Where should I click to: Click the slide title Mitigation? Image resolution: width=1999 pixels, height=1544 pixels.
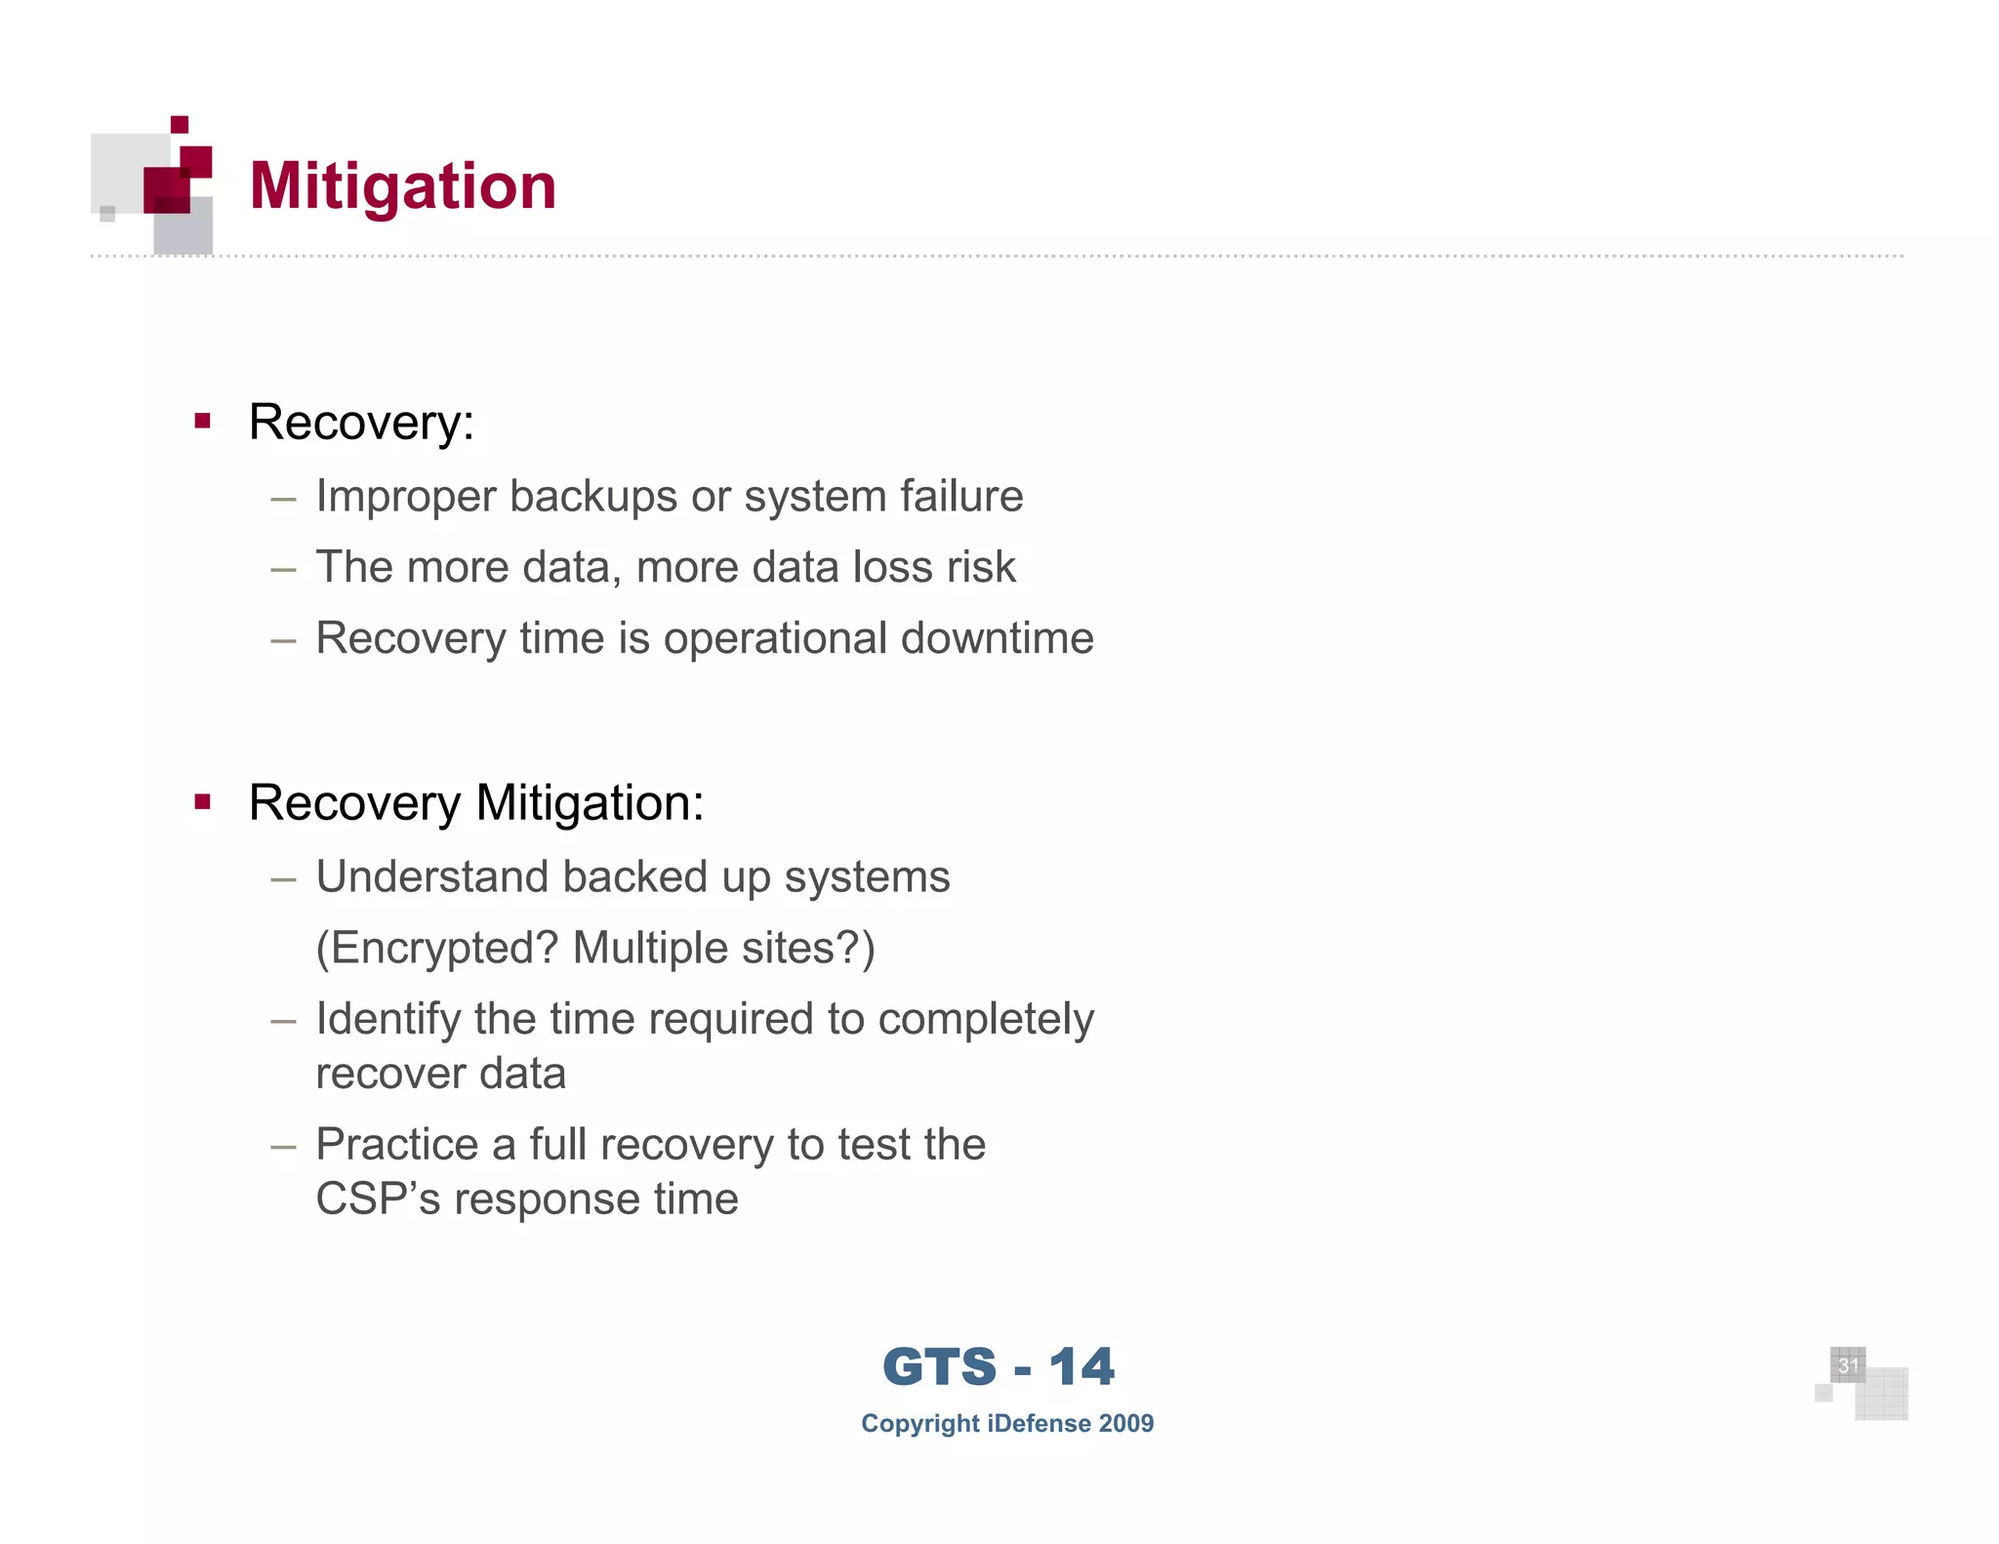(x=402, y=185)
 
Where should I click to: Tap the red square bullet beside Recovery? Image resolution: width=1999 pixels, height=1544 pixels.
(x=203, y=422)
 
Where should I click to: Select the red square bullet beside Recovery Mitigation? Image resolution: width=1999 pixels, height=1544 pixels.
(x=203, y=802)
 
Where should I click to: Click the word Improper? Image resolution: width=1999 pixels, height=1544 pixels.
(x=405, y=497)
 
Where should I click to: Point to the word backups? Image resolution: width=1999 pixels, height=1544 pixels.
(x=593, y=497)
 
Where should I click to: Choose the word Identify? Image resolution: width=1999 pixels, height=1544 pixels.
(x=388, y=1020)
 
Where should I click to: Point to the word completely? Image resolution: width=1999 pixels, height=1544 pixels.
(x=986, y=1020)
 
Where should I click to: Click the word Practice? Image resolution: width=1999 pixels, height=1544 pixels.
(x=396, y=1145)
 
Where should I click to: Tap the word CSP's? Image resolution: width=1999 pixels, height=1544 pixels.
(x=378, y=1199)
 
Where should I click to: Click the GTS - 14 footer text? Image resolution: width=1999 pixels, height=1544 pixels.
(x=998, y=1366)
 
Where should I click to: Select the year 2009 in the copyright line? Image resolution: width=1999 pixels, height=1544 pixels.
(x=1125, y=1424)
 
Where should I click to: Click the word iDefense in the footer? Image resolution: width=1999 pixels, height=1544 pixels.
(x=1039, y=1424)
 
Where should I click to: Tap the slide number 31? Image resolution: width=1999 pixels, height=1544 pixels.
(x=1847, y=1365)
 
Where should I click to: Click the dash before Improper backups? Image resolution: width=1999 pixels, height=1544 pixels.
(x=283, y=499)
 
